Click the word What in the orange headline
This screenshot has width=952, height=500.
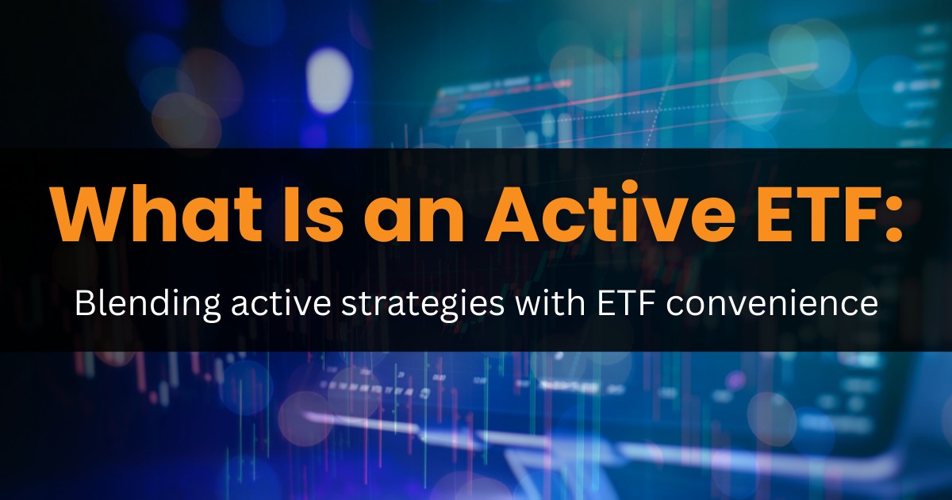pyautogui.click(x=156, y=213)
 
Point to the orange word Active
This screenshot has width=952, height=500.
pyautogui.click(x=611, y=213)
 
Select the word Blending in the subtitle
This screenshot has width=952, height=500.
pyautogui.click(x=148, y=303)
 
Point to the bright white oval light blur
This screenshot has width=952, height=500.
pyautogui.click(x=329, y=80)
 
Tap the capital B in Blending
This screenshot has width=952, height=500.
pyautogui.click(x=85, y=302)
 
